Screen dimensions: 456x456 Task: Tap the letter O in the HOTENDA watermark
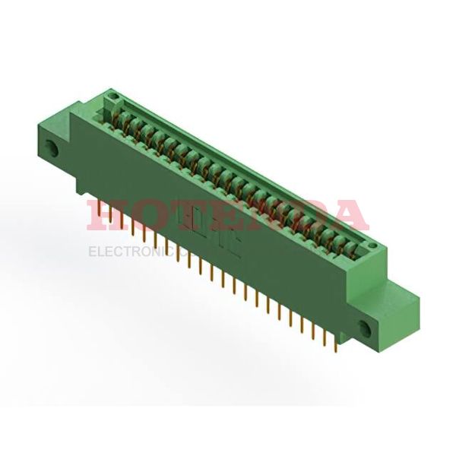(x=148, y=215)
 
